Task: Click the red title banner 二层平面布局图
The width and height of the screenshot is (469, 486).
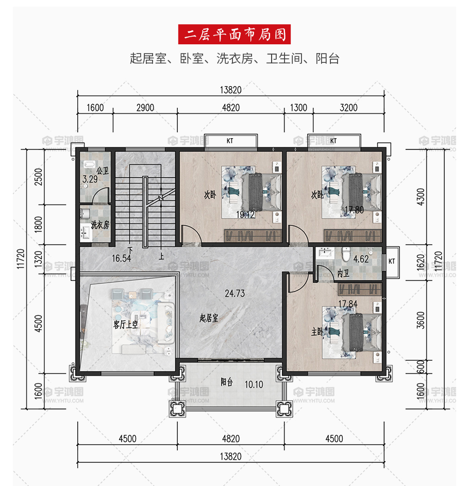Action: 234,34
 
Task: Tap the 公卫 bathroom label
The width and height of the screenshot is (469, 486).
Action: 102,171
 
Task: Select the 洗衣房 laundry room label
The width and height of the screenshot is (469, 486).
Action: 100,225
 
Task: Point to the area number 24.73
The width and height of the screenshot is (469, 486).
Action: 234,293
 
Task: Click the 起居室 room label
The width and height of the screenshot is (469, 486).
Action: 209,317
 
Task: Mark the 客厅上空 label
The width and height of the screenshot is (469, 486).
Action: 126,325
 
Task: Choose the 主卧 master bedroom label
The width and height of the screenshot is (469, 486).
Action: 317,332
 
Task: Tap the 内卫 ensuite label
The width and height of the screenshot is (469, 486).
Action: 343,273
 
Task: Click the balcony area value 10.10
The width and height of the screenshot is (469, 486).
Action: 254,384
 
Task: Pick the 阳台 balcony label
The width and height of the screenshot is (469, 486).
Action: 227,382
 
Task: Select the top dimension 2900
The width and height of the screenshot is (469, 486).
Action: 145,108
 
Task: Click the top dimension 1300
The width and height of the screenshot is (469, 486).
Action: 298,108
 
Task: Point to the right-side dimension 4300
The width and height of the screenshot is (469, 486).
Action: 421,197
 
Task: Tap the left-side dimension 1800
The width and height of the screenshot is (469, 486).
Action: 38,224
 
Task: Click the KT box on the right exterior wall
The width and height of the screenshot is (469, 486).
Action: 392,262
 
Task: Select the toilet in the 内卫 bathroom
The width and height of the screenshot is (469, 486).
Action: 346,254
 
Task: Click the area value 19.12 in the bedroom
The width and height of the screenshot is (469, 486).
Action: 245,214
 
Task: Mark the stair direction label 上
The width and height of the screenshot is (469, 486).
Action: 161,256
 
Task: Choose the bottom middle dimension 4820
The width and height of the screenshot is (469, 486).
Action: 230,439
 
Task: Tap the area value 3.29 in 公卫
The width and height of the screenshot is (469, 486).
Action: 90,179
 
